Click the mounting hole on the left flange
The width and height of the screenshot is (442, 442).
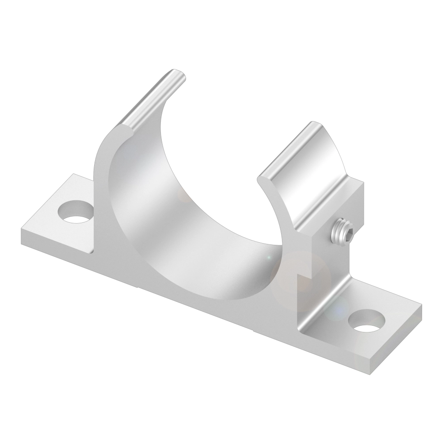[76, 212]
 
